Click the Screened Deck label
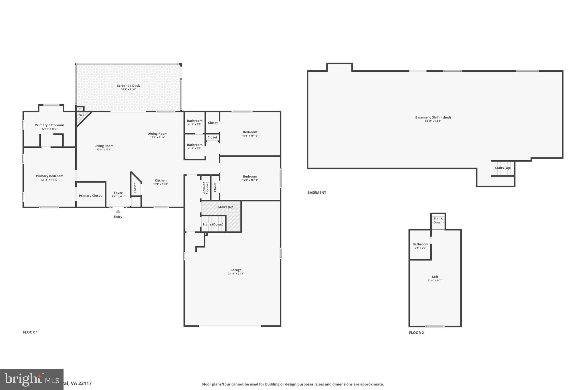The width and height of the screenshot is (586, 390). pos(128,86)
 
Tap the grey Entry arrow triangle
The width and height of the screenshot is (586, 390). pos(118,211)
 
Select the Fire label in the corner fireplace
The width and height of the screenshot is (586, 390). pos(81,115)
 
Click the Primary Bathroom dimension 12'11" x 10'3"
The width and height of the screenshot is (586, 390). pos(50,129)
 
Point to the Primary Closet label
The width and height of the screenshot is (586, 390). pos(90,196)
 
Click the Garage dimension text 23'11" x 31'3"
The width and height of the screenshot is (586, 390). pos(236,274)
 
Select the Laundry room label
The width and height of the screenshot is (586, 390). pos(207,188)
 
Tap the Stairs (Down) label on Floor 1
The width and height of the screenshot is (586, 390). pos(213,224)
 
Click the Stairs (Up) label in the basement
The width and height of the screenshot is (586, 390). pos(503,168)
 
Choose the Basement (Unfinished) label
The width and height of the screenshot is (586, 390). pos(433,117)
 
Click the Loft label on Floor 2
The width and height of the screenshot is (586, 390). pos(435,277)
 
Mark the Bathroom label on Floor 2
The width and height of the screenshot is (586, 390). pos(420,244)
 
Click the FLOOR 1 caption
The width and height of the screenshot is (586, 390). pos(30,332)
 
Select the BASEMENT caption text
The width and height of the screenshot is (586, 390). pos(316,193)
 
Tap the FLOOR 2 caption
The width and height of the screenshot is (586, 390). pos(416,333)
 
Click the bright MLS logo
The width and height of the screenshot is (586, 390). pos(31,379)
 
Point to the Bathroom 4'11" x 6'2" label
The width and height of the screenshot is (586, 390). pos(195,145)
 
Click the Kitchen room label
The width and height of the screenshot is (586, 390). pos(161,181)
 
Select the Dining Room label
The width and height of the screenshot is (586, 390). pos(157,134)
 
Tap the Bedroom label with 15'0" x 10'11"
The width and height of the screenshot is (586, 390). pos(250,177)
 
